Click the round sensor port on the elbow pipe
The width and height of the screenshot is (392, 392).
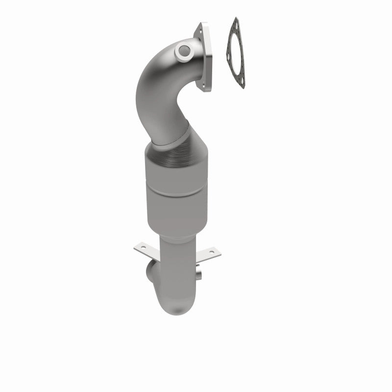click(x=184, y=49)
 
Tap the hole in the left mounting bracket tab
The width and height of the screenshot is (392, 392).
click(x=141, y=248)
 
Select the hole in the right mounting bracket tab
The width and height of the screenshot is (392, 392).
click(x=211, y=252)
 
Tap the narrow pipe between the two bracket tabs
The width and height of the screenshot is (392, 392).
click(x=176, y=255)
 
